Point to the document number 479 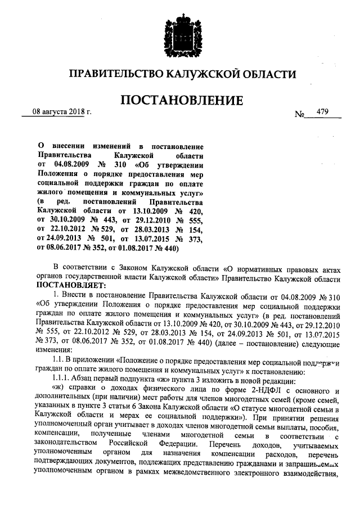tap(322, 111)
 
